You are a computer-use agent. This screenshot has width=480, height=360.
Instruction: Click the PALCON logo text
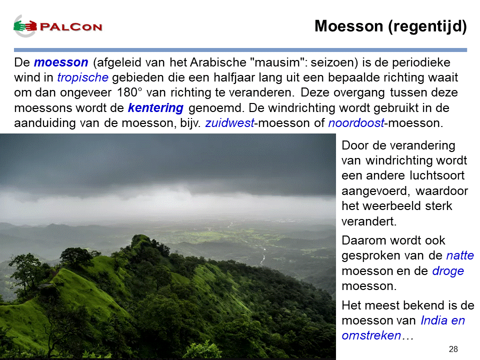[x=71, y=27]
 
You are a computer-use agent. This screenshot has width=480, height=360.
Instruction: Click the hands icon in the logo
[x=25, y=26]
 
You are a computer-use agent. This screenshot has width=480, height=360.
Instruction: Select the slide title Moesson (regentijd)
[x=390, y=26]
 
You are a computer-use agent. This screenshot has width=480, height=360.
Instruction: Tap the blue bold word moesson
[x=61, y=62]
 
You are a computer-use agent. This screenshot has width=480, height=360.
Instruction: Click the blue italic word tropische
[x=82, y=78]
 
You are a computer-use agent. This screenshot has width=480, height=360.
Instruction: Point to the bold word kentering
[x=155, y=108]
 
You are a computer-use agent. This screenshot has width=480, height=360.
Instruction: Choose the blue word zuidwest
[x=229, y=123]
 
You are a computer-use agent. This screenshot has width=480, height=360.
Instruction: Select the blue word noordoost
[x=356, y=123]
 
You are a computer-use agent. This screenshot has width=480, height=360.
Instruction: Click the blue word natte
[x=460, y=255]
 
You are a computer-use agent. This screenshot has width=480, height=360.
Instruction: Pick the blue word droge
[x=448, y=271]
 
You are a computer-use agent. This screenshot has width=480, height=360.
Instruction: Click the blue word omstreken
[x=371, y=335]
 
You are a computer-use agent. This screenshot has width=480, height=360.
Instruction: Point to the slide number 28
[x=453, y=349]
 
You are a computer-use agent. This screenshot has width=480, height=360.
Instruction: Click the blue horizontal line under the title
[x=240, y=50]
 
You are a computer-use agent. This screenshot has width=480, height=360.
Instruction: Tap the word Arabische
[x=218, y=62]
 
